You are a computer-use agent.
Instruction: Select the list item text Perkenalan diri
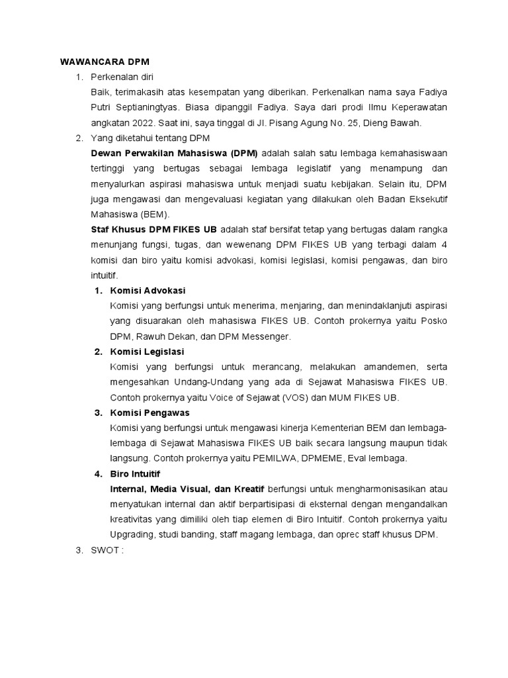click(x=122, y=77)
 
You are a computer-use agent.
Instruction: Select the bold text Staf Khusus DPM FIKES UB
click(x=153, y=229)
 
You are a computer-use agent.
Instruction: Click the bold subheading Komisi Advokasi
click(x=148, y=291)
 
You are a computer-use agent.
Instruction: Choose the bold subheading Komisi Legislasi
click(x=147, y=352)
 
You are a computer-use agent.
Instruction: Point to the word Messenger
click(x=267, y=336)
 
